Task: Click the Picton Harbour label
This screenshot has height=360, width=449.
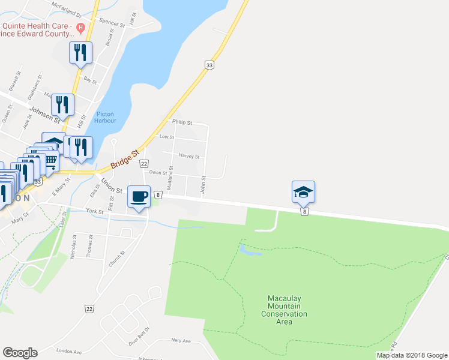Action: pos(105,116)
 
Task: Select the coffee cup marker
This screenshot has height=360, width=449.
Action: pos(139,197)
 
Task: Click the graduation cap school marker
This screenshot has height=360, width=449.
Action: pos(303,192)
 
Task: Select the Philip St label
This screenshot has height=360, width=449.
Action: pos(182,122)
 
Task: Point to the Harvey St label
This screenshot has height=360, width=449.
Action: pos(189,157)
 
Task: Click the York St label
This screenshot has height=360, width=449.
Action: pos(95,211)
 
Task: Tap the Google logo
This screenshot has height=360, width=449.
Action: pos(20,353)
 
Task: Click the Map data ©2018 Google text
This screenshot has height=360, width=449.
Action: pos(411,355)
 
